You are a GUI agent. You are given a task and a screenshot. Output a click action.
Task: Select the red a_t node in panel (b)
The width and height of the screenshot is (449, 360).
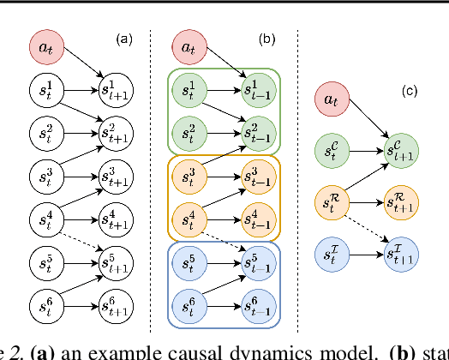coord(189,47)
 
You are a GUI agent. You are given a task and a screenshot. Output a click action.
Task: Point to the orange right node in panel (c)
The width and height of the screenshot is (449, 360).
coord(402,201)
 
